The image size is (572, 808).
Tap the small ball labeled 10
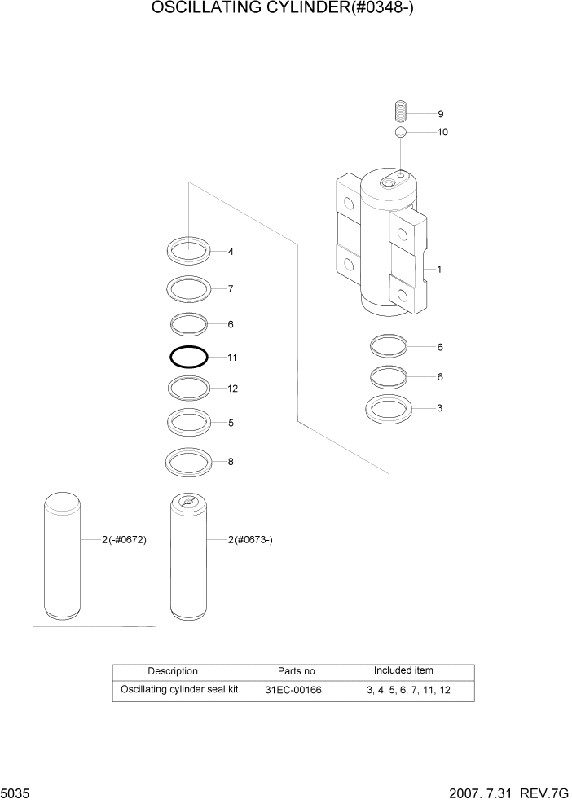coord(400,132)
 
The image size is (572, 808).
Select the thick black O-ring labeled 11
coord(189,357)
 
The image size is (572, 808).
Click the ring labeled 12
coord(189,388)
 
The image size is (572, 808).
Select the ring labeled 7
coord(189,288)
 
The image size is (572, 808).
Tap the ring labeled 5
coord(189,422)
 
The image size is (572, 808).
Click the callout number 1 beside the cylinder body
coord(439,269)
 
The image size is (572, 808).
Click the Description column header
coord(172,671)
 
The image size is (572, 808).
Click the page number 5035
coord(16,792)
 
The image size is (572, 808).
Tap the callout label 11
coord(232,358)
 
